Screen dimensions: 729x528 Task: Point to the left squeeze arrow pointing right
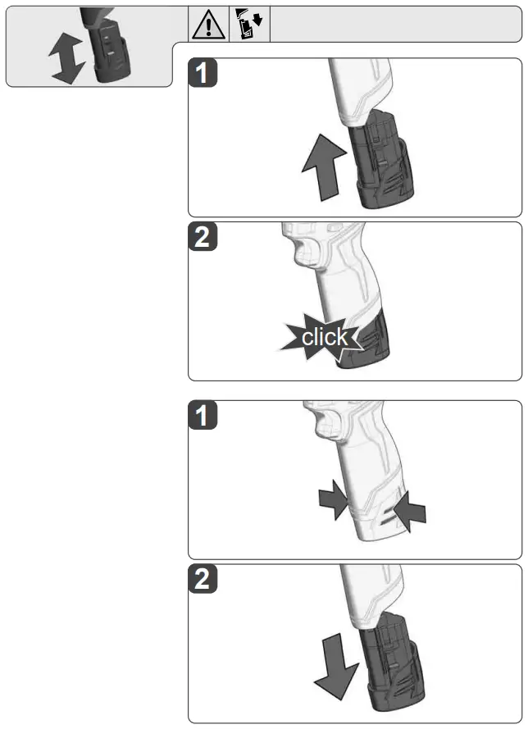[333, 501]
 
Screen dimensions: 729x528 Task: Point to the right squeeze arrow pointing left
[410, 512]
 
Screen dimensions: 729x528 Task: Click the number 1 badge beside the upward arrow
[203, 75]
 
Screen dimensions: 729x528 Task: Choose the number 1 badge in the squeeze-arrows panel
[203, 417]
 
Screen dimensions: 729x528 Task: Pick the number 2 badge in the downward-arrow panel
[203, 580]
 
